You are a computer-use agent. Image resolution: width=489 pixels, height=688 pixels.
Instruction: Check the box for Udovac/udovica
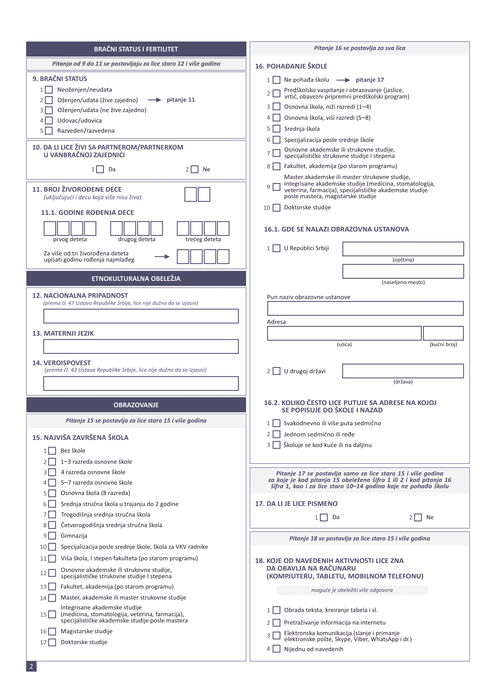coord(49,121)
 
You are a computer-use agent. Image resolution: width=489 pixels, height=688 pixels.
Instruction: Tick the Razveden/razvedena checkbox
coord(49,131)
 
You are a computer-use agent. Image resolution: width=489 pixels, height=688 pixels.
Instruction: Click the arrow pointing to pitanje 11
coord(154,100)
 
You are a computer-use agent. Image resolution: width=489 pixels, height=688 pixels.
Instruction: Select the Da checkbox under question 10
coord(100,169)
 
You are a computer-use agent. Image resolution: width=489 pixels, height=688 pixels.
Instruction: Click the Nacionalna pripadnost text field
coord(141,316)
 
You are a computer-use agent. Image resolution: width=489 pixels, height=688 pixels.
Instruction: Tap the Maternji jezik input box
coord(141,347)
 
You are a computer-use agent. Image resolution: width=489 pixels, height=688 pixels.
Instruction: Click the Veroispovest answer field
coord(141,384)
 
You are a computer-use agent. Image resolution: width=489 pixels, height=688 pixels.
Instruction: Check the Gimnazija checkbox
coord(52,536)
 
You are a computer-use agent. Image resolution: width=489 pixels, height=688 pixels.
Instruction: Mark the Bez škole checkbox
coord(52,451)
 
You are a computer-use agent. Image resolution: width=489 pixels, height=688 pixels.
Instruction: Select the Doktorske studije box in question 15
coord(52,642)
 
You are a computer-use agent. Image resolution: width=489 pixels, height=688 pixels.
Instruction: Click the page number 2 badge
coord(31,667)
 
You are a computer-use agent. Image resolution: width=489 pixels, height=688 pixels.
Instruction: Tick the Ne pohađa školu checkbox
coord(276,80)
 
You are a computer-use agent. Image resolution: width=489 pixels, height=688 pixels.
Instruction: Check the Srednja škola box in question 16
coord(276,129)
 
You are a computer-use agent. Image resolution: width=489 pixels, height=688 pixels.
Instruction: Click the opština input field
coord(403,249)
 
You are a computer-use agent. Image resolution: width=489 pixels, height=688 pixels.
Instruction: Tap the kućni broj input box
coord(443,333)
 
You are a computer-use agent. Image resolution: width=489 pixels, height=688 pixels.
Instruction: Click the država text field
coord(403,371)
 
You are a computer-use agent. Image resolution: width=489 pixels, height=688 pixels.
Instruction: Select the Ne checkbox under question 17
coord(418,517)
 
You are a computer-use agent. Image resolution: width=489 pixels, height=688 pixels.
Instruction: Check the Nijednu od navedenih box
coord(276,649)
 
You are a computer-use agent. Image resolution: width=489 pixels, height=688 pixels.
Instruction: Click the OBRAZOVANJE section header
coord(136,405)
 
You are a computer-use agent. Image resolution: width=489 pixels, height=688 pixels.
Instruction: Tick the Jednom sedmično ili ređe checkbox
coord(276,434)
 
